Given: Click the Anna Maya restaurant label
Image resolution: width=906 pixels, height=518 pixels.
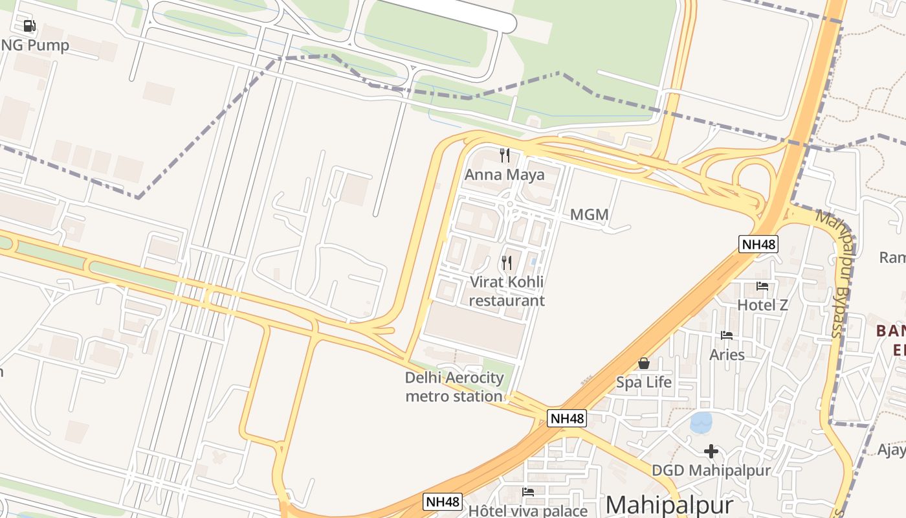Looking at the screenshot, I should coord(504,175).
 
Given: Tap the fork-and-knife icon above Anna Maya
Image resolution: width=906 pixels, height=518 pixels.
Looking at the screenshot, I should coord(505,155).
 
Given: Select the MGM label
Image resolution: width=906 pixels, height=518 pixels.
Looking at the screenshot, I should coord(589,214).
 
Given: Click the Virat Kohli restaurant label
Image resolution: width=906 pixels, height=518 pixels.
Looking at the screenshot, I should coord(507,291).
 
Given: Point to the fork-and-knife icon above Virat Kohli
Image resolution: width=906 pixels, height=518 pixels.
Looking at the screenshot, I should coord(507,263).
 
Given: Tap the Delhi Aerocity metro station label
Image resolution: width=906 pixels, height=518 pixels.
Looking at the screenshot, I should coord(454,387).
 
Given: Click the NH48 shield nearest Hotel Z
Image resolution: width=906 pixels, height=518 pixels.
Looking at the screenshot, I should coord(758,244).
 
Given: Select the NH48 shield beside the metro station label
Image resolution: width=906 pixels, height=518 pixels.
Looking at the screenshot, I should coord(567,418).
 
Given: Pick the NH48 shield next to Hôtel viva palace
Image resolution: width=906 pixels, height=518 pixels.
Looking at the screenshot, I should coord(443,501).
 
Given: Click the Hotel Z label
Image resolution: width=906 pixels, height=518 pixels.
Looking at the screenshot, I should coord(763,304).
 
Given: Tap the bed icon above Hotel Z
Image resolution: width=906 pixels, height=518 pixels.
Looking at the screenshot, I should coord(762,286).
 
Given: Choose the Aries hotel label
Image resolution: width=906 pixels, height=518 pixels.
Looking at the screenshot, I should coord(727,355).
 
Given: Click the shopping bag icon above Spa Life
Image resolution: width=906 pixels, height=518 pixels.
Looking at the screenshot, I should coord(643,363).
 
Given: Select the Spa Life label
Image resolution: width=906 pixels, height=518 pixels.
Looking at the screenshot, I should coord(643,382).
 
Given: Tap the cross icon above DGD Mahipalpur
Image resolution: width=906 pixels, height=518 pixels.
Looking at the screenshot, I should coord(711,451).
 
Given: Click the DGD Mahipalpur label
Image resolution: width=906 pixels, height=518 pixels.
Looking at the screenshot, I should coord(711,470).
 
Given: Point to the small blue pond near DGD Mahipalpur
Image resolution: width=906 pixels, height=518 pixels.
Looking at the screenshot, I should coord(701,423).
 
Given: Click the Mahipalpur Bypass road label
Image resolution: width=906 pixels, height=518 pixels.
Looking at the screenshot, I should coord(835,273).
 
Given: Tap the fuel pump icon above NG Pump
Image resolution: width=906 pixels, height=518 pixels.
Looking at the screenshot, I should coord(29,26).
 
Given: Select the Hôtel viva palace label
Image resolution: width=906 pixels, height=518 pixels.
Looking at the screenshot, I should coord(527,511).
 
